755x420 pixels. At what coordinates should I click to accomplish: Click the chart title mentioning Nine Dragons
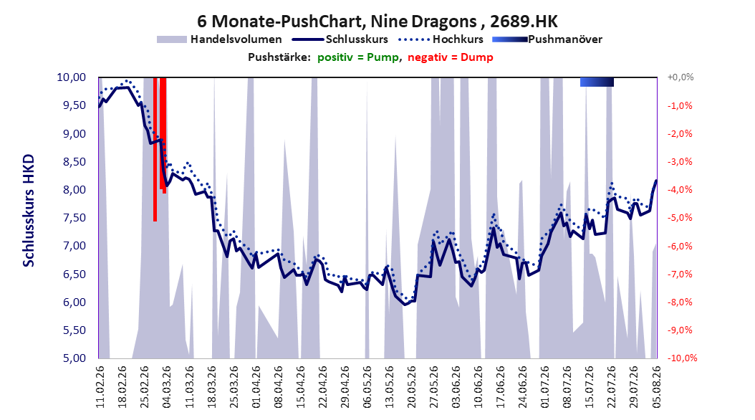pyautogui.click(x=377, y=22)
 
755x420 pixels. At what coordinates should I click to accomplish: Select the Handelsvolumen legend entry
pyautogui.click(x=220, y=39)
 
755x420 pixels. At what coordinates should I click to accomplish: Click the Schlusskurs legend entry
pyautogui.click(x=340, y=39)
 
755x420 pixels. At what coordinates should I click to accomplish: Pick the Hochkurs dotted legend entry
pyautogui.click(x=441, y=39)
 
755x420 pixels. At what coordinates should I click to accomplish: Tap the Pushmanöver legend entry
pyautogui.click(x=547, y=39)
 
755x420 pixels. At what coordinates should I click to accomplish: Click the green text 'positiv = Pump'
pyautogui.click(x=357, y=57)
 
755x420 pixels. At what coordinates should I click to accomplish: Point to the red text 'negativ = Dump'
pyautogui.click(x=451, y=57)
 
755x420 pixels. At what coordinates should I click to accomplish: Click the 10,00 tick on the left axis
pyautogui.click(x=71, y=77)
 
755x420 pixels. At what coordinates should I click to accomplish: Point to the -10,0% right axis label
pyautogui.click(x=682, y=358)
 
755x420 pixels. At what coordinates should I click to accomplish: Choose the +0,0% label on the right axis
pyautogui.click(x=681, y=77)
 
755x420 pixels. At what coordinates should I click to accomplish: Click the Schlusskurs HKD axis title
pyautogui.click(x=29, y=211)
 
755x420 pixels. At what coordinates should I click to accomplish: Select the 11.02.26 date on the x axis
pyautogui.click(x=100, y=387)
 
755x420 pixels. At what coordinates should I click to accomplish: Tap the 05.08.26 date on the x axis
pyautogui.click(x=656, y=387)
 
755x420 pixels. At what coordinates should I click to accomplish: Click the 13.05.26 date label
pyautogui.click(x=389, y=387)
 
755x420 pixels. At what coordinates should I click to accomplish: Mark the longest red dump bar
pyautogui.click(x=155, y=149)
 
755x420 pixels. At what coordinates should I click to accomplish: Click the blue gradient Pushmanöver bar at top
pyautogui.click(x=597, y=82)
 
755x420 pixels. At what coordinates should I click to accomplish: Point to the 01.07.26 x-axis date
pyautogui.click(x=544, y=387)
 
